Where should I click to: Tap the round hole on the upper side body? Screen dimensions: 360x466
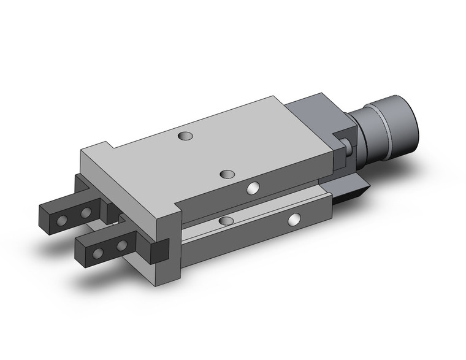pyautogui.click(x=253, y=188)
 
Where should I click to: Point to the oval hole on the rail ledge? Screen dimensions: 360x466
pyautogui.click(x=226, y=220)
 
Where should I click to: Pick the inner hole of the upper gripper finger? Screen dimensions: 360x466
pyautogui.click(x=86, y=212)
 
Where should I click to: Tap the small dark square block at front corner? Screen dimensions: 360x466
pyautogui.click(x=160, y=250)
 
